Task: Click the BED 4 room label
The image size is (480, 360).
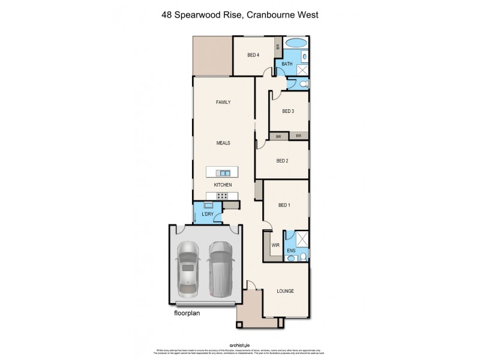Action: [253, 56]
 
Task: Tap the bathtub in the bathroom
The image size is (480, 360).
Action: [295, 43]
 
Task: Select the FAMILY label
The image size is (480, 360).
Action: [223, 103]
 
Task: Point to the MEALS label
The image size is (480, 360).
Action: [224, 143]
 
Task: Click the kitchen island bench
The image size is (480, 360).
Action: [222, 172]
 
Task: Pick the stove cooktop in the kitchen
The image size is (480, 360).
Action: [222, 196]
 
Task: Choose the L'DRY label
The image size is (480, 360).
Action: [208, 214]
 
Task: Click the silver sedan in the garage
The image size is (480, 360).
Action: [188, 268]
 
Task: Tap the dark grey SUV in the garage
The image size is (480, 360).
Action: [220, 268]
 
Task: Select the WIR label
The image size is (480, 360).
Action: [275, 245]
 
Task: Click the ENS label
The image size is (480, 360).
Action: [291, 250]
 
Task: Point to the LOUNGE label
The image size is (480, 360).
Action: [285, 292]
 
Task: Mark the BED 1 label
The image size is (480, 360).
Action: [284, 205]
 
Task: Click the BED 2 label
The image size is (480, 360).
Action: [283, 161]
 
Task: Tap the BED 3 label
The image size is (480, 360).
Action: [289, 111]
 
